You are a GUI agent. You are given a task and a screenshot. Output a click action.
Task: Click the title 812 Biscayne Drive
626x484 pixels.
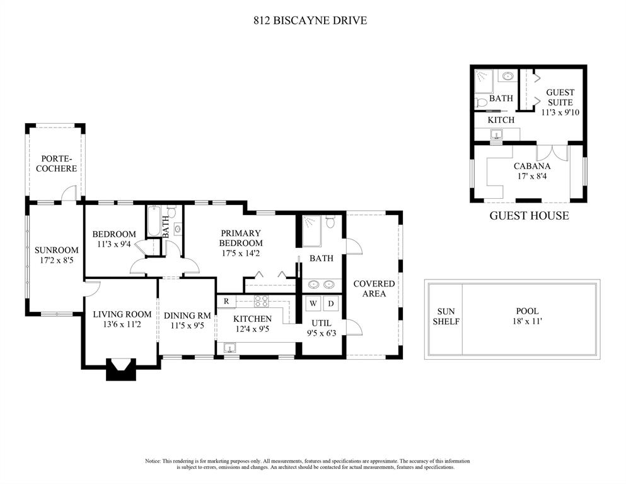point(310,20)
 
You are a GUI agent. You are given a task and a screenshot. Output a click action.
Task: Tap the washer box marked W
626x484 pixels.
point(313,304)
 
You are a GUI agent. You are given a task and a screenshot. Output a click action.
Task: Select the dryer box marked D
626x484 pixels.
point(331,304)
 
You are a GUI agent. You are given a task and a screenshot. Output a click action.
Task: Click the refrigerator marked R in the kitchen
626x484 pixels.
point(226,302)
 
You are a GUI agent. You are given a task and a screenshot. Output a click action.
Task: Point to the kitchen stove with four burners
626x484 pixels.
point(262,301)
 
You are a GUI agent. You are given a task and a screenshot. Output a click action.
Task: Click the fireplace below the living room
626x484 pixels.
point(121,369)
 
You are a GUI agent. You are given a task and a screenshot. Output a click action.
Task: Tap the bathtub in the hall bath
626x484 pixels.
point(153,221)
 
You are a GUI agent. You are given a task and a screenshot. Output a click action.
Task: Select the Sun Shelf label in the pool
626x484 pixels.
point(446,316)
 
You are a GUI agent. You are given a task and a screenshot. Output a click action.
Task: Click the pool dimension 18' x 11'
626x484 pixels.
point(528,321)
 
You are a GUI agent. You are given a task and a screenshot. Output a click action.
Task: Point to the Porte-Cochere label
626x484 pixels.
point(56,163)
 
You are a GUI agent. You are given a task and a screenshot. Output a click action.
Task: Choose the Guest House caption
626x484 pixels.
point(529,216)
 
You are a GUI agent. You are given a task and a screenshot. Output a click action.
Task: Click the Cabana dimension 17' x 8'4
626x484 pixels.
point(532,176)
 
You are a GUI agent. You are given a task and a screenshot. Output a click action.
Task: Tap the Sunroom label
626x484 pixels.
point(56,250)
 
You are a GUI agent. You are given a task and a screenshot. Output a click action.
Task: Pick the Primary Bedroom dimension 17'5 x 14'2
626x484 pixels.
point(241,253)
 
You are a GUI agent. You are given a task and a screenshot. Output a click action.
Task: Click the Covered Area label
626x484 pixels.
point(374,288)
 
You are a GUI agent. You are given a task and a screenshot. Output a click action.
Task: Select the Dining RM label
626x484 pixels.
point(187,316)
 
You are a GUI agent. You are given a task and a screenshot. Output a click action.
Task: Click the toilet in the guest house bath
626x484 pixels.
point(480,102)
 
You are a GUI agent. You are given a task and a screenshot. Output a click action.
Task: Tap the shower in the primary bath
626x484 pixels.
point(312,232)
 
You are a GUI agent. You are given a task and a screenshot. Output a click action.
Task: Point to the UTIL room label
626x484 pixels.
point(322,323)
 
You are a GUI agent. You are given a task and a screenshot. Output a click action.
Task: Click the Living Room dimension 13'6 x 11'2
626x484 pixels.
point(122,324)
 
